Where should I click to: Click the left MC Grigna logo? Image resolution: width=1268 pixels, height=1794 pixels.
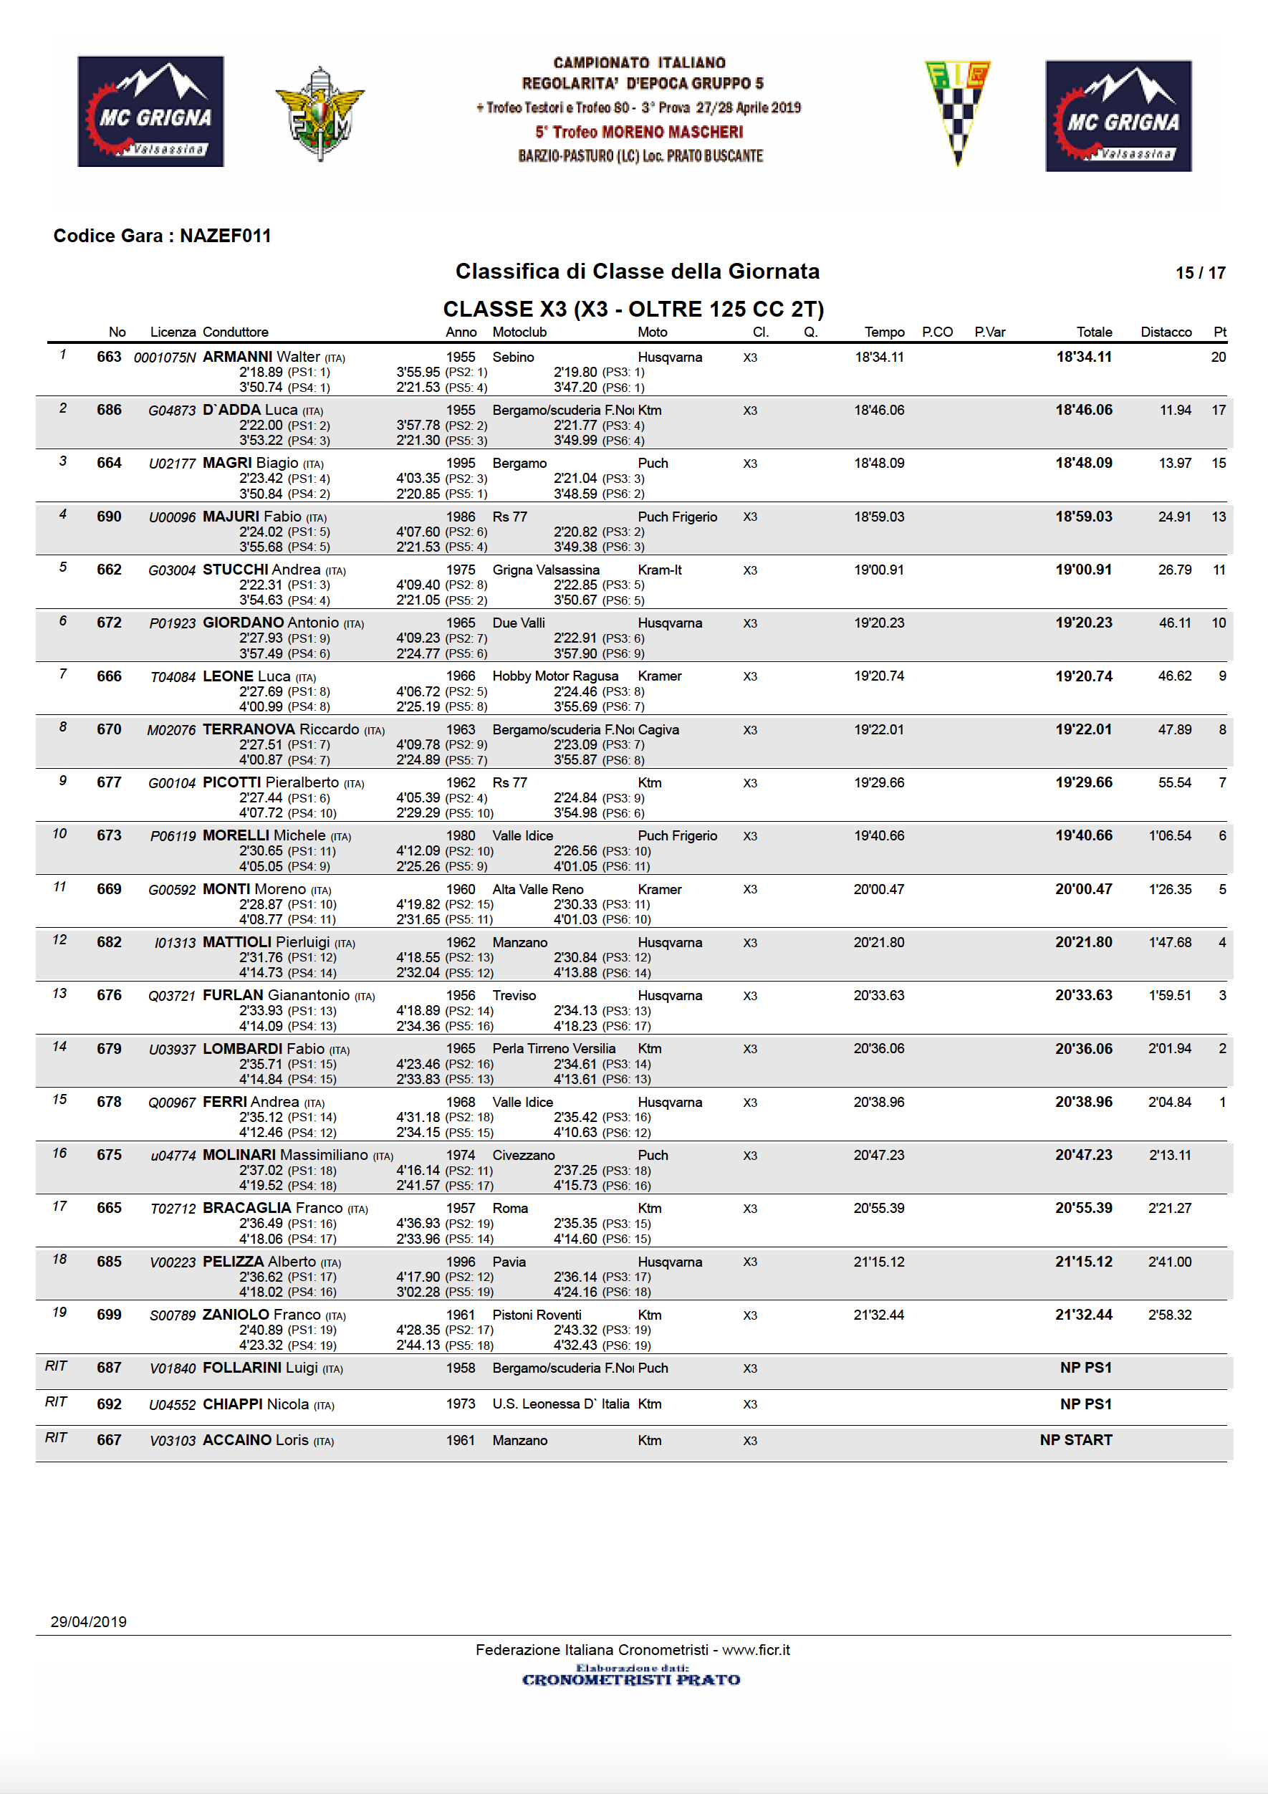150,111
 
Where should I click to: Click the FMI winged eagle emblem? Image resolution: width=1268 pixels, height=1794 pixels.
320,113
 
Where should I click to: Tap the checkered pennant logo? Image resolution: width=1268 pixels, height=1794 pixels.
957,112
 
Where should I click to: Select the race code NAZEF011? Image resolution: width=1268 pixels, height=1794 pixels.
225,236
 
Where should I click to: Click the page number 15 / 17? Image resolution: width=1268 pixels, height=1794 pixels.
1200,273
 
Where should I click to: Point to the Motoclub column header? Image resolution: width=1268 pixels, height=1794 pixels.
519,332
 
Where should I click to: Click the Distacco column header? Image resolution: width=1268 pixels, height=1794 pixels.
1166,332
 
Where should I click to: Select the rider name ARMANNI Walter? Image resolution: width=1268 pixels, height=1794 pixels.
261,357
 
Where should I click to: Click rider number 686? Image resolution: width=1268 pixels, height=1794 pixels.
110,411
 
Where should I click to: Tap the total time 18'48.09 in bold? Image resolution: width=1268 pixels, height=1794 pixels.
1084,464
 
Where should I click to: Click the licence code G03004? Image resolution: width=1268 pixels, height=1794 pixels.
172,570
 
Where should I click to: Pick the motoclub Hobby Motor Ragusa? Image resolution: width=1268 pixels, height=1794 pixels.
554,676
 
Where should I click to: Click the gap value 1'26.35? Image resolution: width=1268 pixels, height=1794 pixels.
1170,889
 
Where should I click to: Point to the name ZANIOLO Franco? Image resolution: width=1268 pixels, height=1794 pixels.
261,1315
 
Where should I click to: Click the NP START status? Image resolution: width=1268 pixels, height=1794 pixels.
1075,1440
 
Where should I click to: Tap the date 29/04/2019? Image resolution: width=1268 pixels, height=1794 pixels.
88,1622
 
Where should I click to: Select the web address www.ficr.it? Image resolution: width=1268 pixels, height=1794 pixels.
756,1650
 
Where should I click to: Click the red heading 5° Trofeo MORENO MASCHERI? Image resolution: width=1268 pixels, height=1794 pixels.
638,132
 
